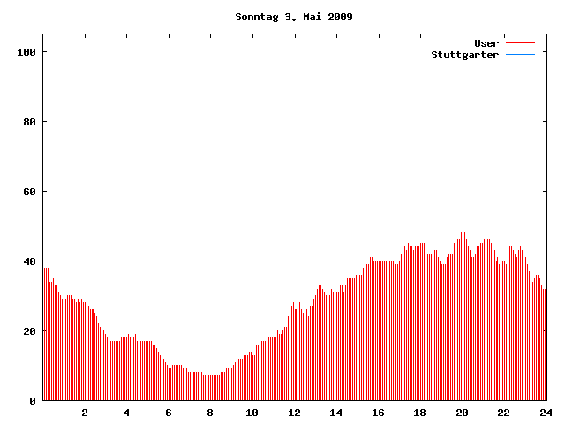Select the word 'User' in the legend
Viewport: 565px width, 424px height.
tap(486, 43)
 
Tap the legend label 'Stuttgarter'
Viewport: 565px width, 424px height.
tap(465, 55)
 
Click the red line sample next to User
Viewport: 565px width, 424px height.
tap(521, 43)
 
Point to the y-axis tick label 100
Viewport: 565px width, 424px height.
tap(26, 52)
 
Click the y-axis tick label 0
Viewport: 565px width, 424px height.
tap(33, 401)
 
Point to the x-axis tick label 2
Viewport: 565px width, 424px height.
tap(85, 413)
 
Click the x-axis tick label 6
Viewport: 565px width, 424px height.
tap(169, 413)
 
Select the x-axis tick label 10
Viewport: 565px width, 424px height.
tap(252, 413)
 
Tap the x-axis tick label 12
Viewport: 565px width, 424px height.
tap(294, 413)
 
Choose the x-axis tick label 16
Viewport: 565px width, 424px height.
tap(378, 413)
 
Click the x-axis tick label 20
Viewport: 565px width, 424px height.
tap(462, 413)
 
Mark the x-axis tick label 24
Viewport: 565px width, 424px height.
tap(546, 413)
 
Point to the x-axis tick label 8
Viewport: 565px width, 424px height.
tap(210, 413)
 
